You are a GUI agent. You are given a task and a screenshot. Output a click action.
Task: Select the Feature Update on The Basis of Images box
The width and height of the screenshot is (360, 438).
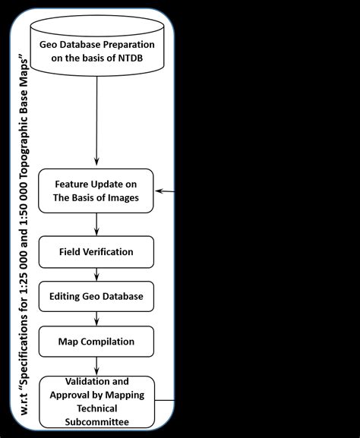coord(96,190)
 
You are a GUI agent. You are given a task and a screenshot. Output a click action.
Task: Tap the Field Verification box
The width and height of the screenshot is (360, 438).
coord(96,251)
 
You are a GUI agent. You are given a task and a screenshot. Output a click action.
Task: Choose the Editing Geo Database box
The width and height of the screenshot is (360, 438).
coord(96,296)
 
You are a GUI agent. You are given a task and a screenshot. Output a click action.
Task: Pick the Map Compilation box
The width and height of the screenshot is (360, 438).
coord(96,341)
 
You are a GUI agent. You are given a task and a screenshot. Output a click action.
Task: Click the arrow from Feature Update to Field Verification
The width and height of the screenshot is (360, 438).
coord(96,224)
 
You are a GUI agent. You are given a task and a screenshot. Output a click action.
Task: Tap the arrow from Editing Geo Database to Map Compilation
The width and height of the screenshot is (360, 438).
coord(96,319)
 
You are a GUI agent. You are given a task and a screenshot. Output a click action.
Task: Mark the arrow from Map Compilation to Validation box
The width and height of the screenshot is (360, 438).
coord(96,364)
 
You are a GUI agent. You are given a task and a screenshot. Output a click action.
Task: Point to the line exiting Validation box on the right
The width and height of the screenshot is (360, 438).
coord(166,400)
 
